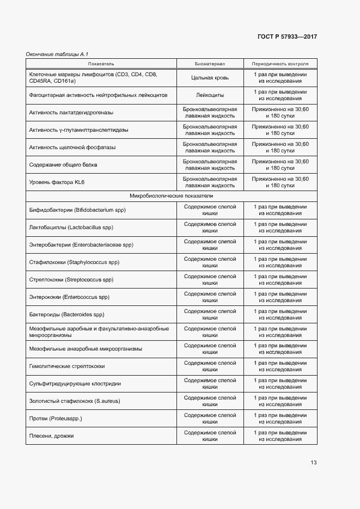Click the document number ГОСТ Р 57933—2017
pos(286,36)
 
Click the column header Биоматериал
pos(210,63)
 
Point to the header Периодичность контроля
pos(280,63)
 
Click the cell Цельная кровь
pos(210,78)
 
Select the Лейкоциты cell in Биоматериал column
pos(210,95)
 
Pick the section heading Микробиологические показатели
pos(171,195)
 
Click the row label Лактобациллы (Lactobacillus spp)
pos(71,227)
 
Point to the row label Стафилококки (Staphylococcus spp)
pos(74,262)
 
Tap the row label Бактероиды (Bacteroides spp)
pos(66,314)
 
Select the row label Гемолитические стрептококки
pos(67,366)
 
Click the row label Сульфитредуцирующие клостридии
pos(75,384)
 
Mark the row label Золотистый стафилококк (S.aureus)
pos(75,401)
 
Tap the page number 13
pos(313,463)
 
